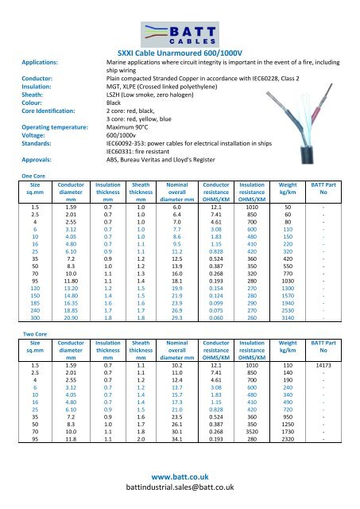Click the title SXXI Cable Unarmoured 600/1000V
pos(180,51)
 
